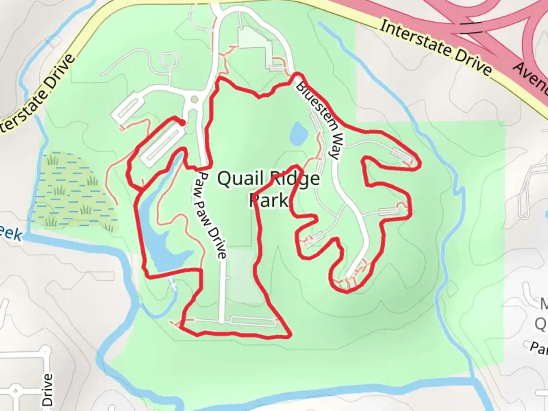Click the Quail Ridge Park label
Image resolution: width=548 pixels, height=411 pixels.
pos(268,189)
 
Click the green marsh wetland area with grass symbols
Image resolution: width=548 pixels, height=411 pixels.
pos(72,190)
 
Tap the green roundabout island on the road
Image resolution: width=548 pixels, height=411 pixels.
pos(194,100)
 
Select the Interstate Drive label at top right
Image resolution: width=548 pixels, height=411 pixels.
pos(436,47)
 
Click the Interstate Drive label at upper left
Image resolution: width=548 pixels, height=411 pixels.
pos(36,95)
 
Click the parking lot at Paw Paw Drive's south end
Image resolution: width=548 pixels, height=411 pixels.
pos(253,322)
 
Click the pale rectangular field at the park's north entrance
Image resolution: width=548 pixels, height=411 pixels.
pos(254,42)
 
